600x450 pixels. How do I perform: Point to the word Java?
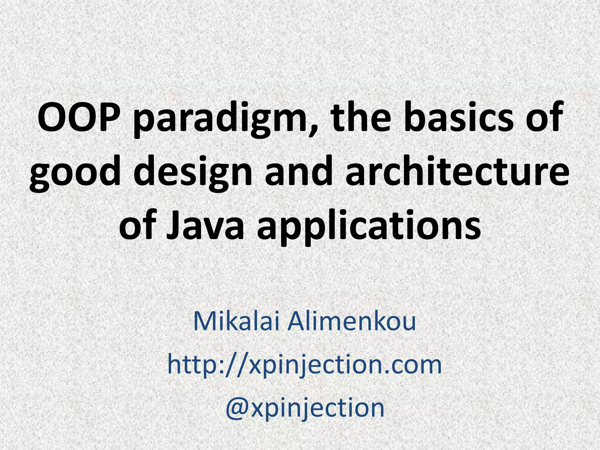pyautogui.click(x=205, y=226)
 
